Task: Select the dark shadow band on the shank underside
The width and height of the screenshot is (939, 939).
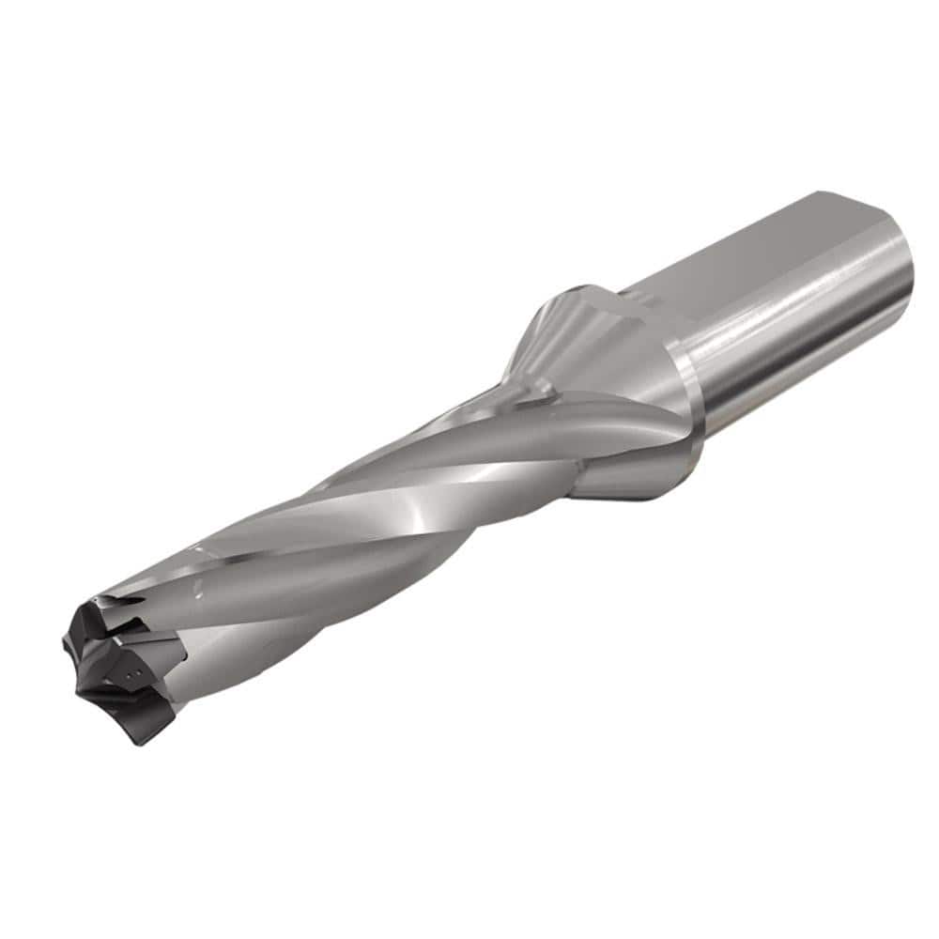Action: [x=808, y=376]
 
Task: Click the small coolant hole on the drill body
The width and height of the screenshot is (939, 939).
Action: [x=200, y=589]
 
